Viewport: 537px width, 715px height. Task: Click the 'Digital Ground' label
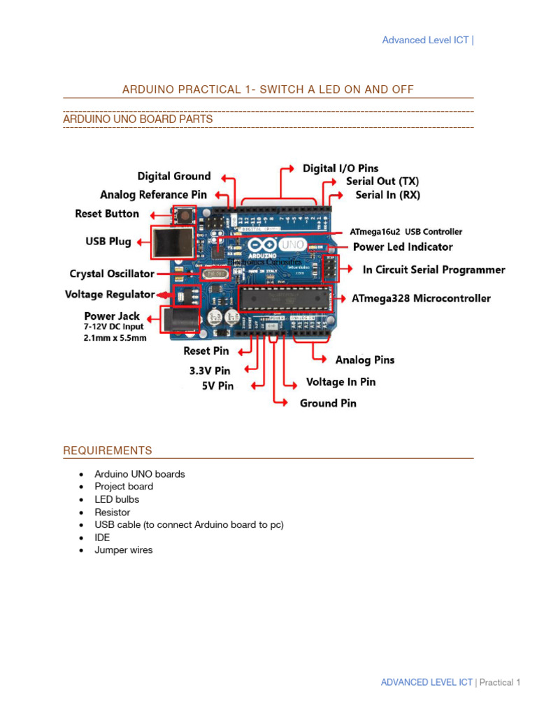pos(173,177)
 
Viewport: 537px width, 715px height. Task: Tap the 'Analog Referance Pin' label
pos(153,195)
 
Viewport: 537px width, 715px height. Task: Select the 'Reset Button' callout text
pos(106,214)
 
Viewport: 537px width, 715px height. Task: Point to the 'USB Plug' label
pos(108,242)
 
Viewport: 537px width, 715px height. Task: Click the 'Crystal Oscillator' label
pos(112,274)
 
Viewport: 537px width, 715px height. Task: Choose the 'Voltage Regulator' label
pos(110,295)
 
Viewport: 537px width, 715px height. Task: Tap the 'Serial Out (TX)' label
pos(382,182)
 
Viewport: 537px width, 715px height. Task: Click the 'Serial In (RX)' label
pos(387,196)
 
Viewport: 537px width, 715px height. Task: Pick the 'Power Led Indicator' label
pos(402,247)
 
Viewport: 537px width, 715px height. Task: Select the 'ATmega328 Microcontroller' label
pos(421,299)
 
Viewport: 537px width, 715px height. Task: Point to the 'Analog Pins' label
pos(364,360)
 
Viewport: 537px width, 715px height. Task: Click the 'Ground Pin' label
pos(328,404)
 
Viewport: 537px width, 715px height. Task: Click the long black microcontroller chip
pos(284,298)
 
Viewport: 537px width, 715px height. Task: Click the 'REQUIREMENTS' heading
pos(108,451)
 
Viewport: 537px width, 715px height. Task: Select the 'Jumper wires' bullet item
pos(123,550)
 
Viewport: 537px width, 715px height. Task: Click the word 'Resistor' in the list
pos(112,513)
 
